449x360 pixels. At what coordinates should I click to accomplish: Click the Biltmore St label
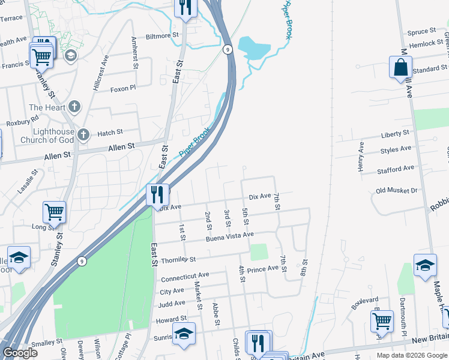159,35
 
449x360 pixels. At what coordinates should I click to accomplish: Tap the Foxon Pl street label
124,89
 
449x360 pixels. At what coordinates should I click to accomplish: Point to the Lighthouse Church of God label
53,136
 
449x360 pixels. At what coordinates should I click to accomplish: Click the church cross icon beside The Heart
74,107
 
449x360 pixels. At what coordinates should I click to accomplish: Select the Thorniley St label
178,260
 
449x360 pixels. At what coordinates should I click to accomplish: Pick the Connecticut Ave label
185,276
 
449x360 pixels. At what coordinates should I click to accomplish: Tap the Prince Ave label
263,269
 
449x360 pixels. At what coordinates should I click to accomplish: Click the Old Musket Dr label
396,191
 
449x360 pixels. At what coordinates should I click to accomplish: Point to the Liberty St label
395,133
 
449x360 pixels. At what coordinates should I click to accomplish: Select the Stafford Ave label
396,170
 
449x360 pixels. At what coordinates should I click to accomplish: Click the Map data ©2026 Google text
411,355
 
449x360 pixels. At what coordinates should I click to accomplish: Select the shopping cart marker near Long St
54,212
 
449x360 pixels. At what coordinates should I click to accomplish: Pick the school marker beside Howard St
184,334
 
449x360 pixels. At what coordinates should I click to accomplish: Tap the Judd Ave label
172,304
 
